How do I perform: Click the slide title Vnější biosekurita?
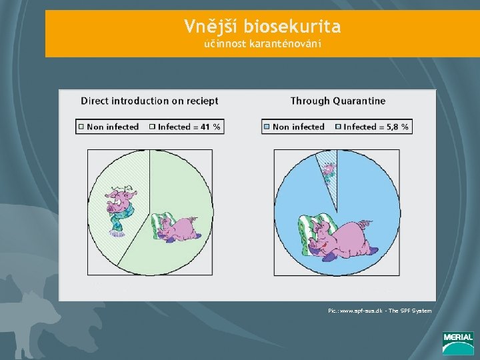[x=263, y=27]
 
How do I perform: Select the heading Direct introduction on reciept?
[x=149, y=101]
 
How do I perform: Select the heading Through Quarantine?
[x=337, y=101]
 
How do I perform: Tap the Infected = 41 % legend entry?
[x=188, y=127]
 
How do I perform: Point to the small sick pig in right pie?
[x=329, y=171]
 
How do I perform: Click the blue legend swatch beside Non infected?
[x=267, y=127]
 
